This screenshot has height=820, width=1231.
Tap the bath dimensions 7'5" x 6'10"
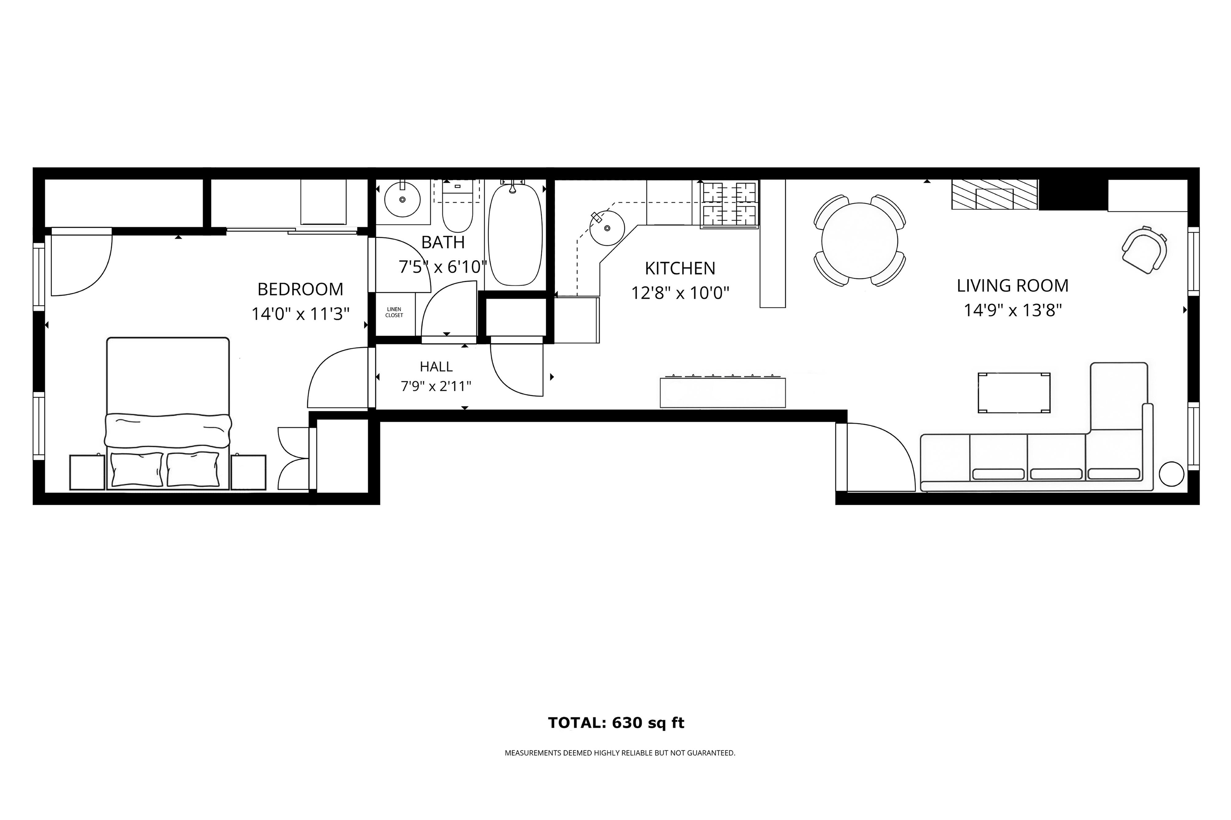point(442,267)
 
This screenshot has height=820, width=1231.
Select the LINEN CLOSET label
point(394,312)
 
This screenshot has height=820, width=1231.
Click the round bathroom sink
point(402,199)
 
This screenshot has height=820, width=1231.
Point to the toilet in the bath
point(458,212)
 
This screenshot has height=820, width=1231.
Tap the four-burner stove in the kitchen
point(729,205)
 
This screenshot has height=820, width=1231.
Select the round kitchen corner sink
point(607,228)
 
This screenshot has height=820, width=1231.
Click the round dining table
point(860,241)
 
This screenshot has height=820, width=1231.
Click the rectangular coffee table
point(1014,393)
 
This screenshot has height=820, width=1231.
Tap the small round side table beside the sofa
point(1171,474)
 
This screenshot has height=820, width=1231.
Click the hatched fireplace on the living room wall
point(994,195)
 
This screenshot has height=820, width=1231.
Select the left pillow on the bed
point(136,469)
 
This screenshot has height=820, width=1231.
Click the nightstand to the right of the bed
point(248,472)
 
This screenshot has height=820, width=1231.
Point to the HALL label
point(436,367)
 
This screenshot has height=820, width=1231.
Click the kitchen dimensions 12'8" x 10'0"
point(680,293)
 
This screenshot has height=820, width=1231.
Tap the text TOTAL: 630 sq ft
point(616,723)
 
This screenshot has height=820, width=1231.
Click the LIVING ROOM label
point(1012,285)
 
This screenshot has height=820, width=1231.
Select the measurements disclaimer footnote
point(620,753)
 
